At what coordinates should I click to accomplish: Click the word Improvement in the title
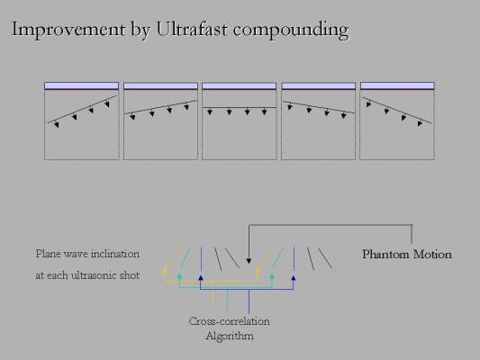coord(68,30)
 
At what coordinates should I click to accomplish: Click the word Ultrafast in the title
coord(192,29)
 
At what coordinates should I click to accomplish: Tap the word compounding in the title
coord(291,31)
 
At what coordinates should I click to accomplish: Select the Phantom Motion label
coord(407,254)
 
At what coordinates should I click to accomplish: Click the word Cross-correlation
coord(230,321)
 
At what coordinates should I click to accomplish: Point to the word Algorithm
coord(230,336)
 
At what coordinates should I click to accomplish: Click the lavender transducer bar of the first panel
coord(81,85)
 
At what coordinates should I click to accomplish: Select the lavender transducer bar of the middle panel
coord(239,85)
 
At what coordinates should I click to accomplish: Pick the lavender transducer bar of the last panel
coord(397,85)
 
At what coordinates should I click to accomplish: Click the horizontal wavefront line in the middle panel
coord(239,107)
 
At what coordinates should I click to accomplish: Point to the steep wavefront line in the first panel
coord(82,109)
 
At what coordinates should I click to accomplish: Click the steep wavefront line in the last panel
coord(397,110)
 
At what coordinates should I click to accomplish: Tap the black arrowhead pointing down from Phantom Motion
coord(249,261)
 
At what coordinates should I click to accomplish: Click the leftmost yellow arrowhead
coord(165,270)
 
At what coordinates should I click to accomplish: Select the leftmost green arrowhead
coord(179,276)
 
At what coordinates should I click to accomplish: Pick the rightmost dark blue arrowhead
coord(294,278)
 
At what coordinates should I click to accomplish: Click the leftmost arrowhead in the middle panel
coord(210,112)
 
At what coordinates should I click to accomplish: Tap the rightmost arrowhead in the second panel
coord(186,107)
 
